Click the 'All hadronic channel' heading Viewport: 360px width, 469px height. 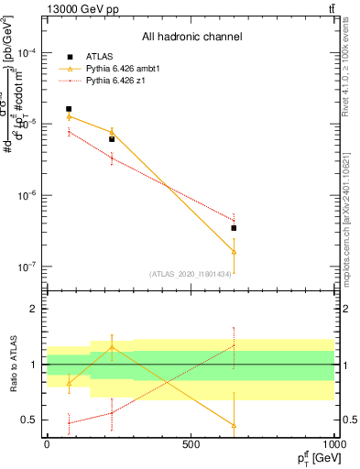(x=191, y=37)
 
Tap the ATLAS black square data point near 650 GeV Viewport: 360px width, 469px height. (x=234, y=228)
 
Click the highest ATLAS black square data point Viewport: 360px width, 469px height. (x=69, y=109)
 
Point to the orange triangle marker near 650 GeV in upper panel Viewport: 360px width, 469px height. (x=234, y=251)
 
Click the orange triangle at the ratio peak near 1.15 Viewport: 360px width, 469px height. (x=112, y=347)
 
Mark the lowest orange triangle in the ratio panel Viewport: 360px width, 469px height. (x=234, y=426)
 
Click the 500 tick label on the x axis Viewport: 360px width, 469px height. (x=191, y=444)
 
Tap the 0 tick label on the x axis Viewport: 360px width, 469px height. (x=47, y=444)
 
